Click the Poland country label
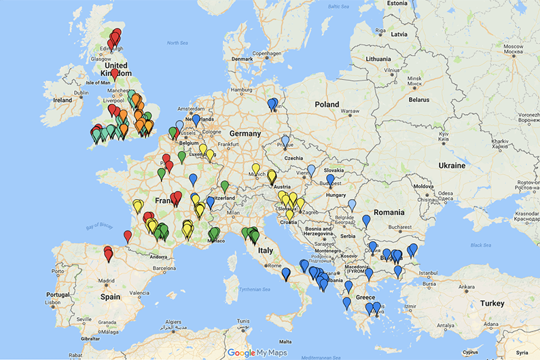tap(326, 105)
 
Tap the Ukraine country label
tap(452, 165)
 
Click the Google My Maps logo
tap(257, 353)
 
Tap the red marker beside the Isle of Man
tap(114, 73)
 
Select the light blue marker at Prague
tap(285, 141)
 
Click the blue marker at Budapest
tap(330, 179)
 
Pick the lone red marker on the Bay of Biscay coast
tap(128, 236)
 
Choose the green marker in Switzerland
tap(225, 185)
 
